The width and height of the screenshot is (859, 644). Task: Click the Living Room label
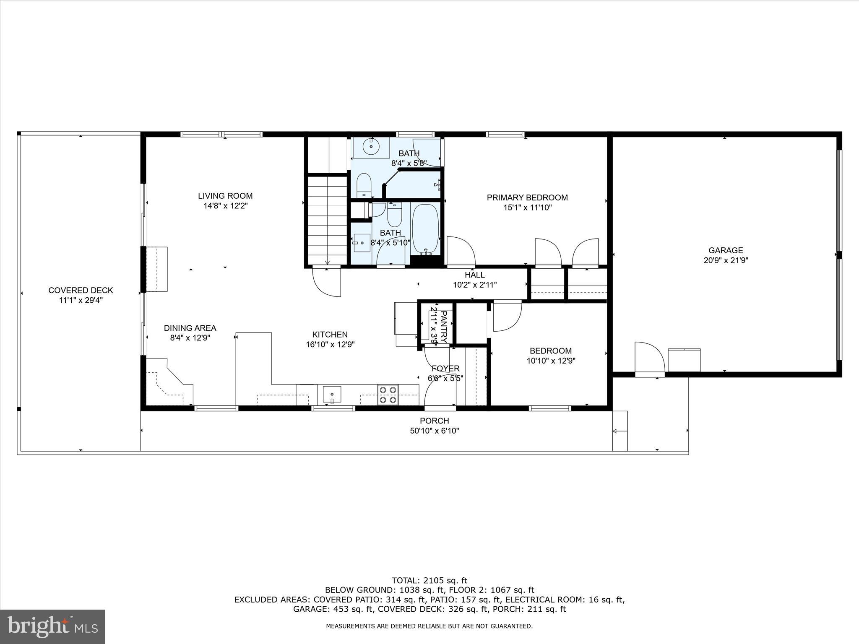[225, 196]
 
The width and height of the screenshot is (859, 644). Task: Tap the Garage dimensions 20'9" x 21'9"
[726, 260]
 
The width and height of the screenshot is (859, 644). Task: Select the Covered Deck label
[81, 290]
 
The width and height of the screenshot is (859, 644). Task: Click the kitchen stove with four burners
[388, 395]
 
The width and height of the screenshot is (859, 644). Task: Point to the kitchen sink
[332, 395]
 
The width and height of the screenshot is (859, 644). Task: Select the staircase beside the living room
[327, 220]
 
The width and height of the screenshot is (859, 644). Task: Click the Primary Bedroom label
[527, 197]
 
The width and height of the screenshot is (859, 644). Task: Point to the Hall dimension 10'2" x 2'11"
[475, 285]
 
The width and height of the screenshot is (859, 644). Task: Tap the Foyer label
[445, 369]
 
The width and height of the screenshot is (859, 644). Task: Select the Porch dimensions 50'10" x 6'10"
[435, 431]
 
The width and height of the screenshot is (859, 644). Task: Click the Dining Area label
[190, 328]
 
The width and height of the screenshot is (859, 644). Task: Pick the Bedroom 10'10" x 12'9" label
[551, 351]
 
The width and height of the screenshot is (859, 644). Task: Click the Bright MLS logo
[52, 626]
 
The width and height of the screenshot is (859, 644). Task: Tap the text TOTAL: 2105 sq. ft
[429, 581]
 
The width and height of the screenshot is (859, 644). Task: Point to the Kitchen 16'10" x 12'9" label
[330, 335]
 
